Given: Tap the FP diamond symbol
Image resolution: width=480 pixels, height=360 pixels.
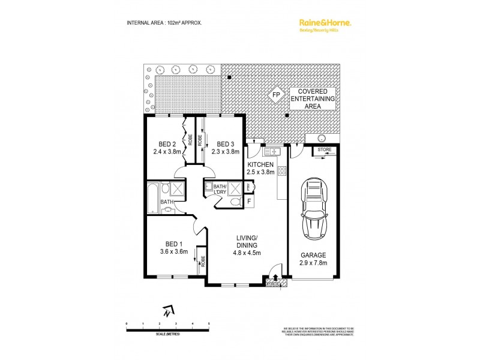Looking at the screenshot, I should click(277, 95).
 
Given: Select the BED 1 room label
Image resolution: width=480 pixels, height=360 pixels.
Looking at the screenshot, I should click(173, 244).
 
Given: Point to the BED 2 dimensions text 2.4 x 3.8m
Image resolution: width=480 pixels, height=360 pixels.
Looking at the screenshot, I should click(167, 152).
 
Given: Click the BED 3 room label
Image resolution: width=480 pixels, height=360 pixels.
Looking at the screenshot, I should click(225, 144).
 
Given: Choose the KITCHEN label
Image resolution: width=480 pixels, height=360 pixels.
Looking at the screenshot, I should click(260, 164).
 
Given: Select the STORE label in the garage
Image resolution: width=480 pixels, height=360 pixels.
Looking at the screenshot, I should click(325, 148).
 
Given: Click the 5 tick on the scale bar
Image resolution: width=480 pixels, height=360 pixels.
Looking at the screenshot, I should click(209, 323).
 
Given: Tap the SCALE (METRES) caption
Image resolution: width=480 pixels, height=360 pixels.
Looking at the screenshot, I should click(167, 334).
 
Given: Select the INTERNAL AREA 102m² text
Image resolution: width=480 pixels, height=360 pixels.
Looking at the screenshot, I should click(164, 22).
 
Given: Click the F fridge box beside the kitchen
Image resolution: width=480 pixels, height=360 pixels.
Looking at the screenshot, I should click(249, 201).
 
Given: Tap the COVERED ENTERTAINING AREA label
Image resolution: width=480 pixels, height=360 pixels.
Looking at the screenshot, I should click(312, 99).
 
